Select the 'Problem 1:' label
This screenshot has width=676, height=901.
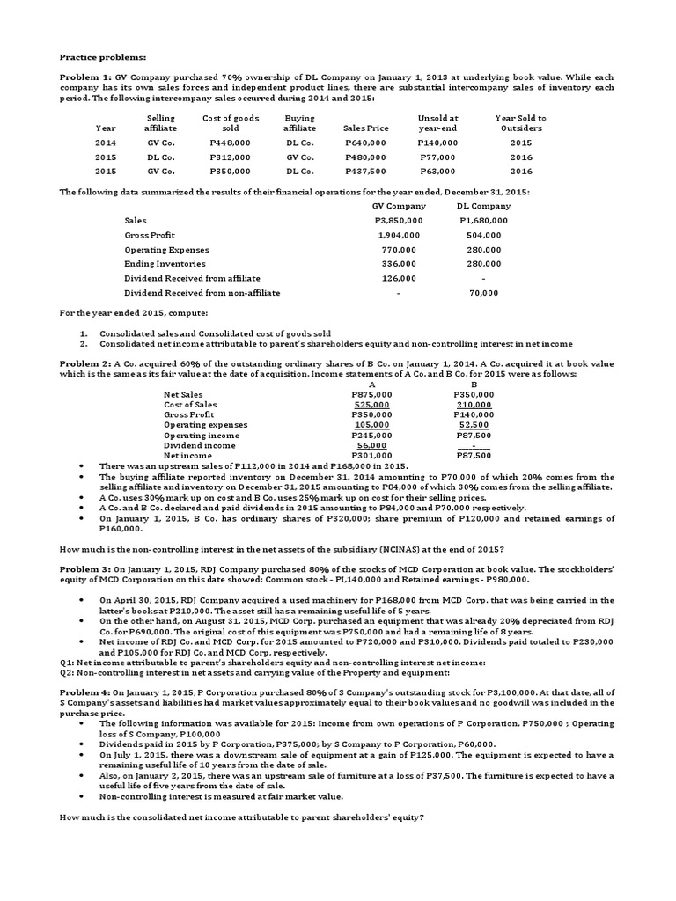[81, 77]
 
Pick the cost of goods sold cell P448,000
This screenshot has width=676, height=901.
[230, 143]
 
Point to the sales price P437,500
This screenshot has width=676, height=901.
[365, 172]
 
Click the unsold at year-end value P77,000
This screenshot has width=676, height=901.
[437, 157]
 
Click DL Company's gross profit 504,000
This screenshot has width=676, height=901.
[484, 235]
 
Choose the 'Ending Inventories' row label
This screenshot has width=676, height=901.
[165, 263]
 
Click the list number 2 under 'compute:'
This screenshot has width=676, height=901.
[83, 343]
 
